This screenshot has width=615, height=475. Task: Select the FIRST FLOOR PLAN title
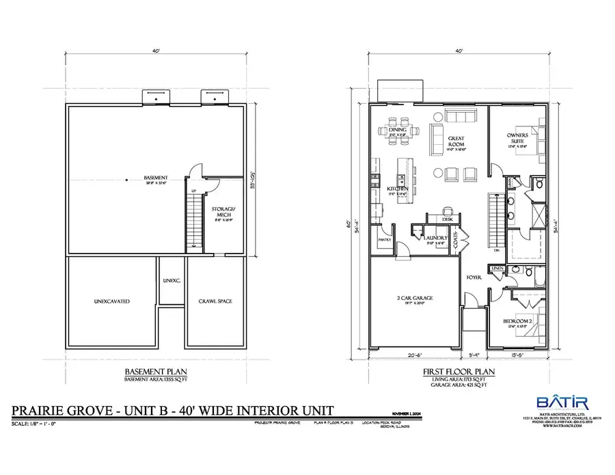point(454,372)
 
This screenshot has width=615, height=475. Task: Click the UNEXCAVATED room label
point(112,301)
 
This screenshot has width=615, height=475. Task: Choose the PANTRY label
point(383,240)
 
